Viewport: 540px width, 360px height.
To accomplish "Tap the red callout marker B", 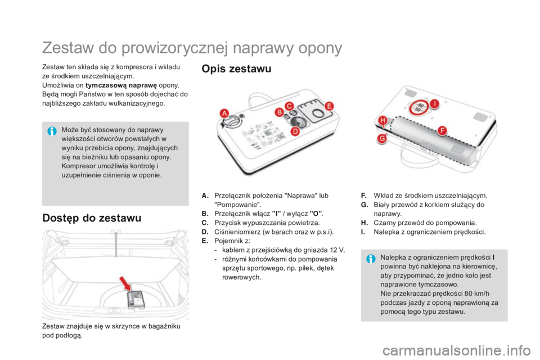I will pyautogui.click(x=278, y=112).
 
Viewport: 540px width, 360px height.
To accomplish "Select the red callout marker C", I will pyautogui.click(x=290, y=106).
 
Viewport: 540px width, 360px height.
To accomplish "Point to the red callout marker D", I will pyautogui.click(x=294, y=131).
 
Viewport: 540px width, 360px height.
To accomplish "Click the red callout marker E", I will pyautogui.click(x=329, y=106).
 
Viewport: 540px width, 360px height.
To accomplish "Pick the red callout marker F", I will pyautogui.click(x=442, y=130).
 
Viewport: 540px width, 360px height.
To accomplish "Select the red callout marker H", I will pyautogui.click(x=382, y=120).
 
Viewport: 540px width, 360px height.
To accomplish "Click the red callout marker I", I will pyautogui.click(x=434, y=103).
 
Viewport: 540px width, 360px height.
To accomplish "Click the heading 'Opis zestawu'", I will pyautogui.click(x=236, y=69).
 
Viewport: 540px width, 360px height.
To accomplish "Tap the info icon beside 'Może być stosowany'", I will pyautogui.click(x=52, y=130).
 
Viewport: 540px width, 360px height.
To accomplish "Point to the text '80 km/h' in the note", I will pyautogui.click(x=476, y=293).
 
